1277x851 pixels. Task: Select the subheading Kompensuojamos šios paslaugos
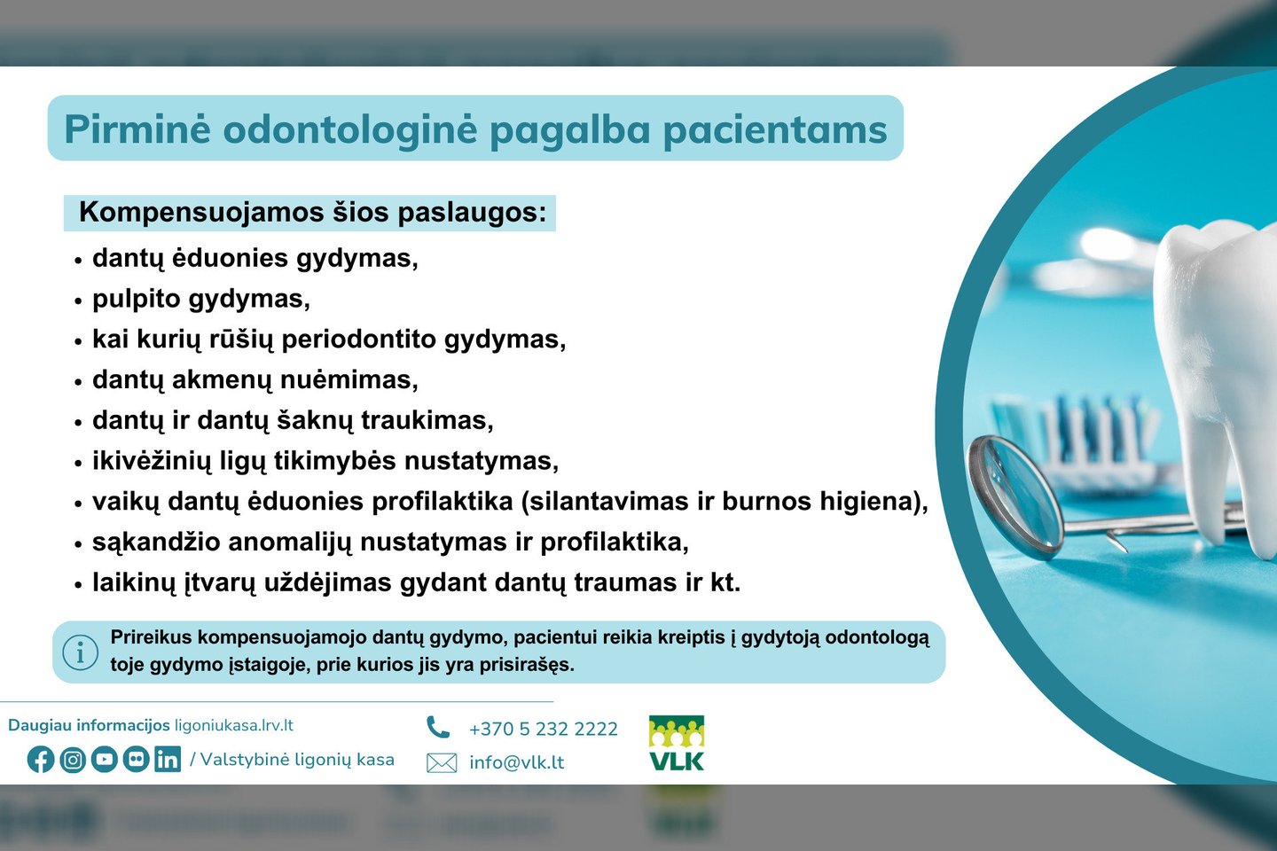coord(312,213)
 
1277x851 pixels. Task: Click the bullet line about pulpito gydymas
coord(201,299)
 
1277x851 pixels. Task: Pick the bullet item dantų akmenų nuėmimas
coord(255,380)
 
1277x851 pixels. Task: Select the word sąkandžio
coord(148,543)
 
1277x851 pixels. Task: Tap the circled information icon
coord(81,652)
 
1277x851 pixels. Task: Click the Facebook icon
coord(41,760)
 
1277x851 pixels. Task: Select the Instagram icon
coord(73,760)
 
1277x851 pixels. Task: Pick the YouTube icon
coord(105,760)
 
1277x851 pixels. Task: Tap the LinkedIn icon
coord(167,760)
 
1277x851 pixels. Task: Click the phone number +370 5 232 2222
coord(543,729)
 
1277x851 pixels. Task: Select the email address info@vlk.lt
coord(516,762)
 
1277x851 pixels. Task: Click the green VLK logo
coord(677,743)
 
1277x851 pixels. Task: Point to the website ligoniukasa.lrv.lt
coord(234,725)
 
